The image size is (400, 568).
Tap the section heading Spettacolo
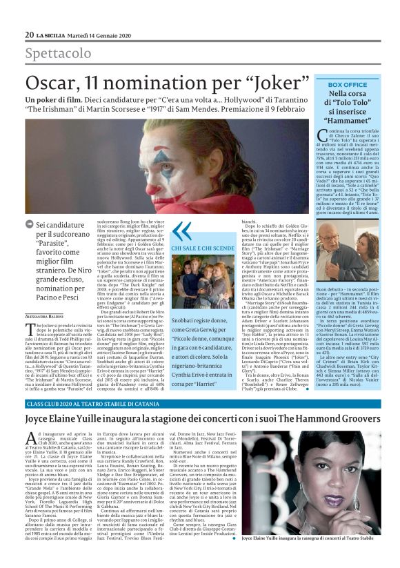click(x=58, y=53)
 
